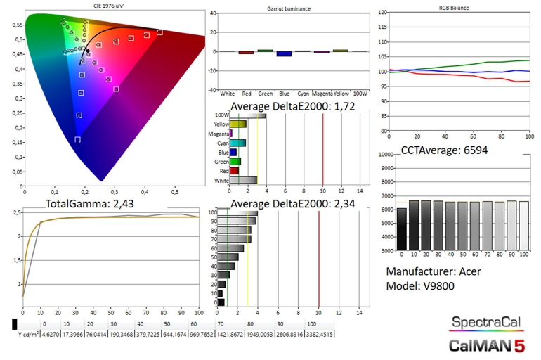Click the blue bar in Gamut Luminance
pyautogui.click(x=283, y=53)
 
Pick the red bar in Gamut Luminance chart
pyautogui.click(x=246, y=52)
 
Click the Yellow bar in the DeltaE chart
pyautogui.click(x=238, y=124)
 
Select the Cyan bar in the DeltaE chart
pyautogui.click(x=237, y=143)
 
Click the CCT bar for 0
pyautogui.click(x=401, y=229)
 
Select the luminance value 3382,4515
pyautogui.click(x=321, y=334)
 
